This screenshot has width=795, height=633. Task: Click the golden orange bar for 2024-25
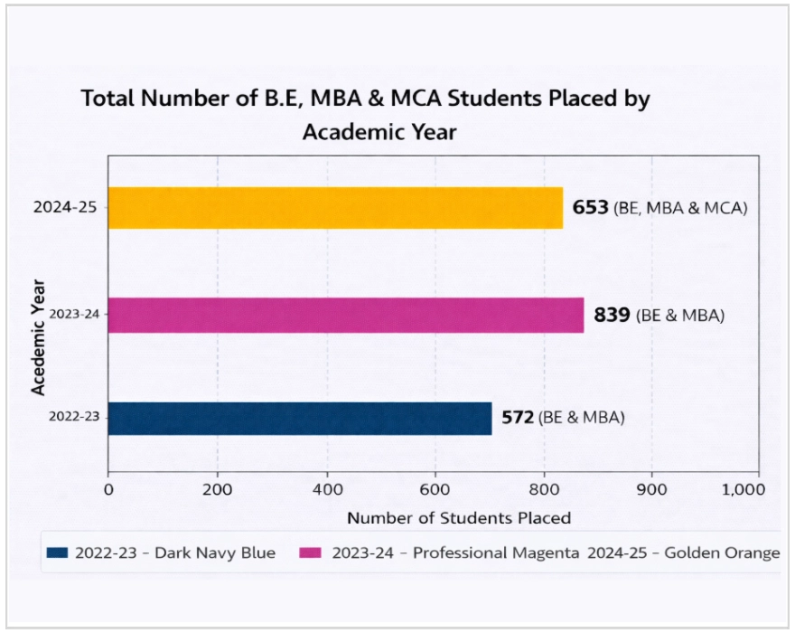pyautogui.click(x=334, y=207)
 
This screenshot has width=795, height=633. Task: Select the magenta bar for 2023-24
pyautogui.click(x=345, y=315)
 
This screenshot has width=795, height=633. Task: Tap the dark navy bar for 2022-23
pyautogui.click(x=299, y=419)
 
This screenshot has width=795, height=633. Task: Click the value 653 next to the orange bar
pyautogui.click(x=591, y=208)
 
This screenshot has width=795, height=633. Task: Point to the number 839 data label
pyautogui.click(x=612, y=316)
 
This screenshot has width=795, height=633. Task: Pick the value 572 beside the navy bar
pyautogui.click(x=519, y=418)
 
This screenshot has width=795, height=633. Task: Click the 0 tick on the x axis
pyautogui.click(x=108, y=489)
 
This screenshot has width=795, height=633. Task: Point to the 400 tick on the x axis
pyautogui.click(x=326, y=489)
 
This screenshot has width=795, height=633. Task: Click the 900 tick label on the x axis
pyautogui.click(x=652, y=489)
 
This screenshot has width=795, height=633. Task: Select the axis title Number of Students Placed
pyautogui.click(x=458, y=518)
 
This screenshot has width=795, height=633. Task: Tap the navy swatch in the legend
pyautogui.click(x=58, y=553)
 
